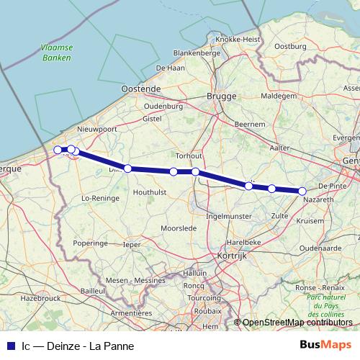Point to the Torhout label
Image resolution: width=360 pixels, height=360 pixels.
189,156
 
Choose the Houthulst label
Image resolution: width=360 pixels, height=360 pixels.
150,192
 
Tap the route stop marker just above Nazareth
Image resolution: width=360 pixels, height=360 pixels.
302,191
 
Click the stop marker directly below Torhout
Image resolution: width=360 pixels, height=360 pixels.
196,171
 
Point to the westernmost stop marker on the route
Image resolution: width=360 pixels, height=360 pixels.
58,150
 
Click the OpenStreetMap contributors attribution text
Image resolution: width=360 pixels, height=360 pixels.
297,323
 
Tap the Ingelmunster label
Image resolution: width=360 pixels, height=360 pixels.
229,215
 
